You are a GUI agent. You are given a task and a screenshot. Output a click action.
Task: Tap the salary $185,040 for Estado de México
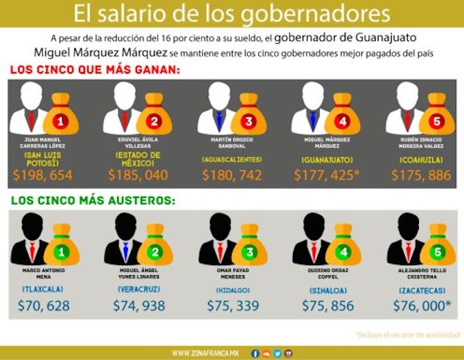point(140,176)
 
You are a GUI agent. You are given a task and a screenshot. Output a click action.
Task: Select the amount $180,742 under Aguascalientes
point(234,176)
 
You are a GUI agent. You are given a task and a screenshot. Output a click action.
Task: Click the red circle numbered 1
point(60,121)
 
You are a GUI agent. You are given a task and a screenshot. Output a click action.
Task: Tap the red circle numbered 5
point(437,121)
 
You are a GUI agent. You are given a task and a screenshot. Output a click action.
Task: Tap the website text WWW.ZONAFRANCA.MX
point(205,353)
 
